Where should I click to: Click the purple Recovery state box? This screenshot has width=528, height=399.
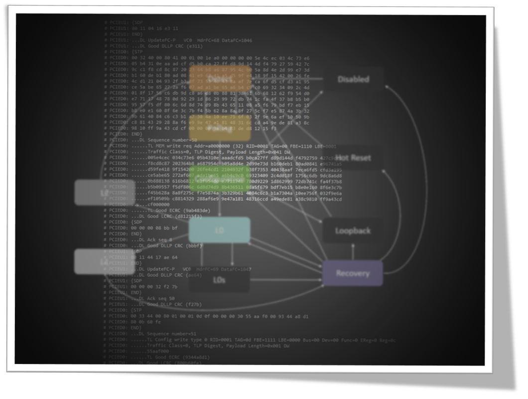pos(353,273)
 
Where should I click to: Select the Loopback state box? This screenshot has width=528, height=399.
pos(353,231)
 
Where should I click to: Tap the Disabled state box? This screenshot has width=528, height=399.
pos(353,79)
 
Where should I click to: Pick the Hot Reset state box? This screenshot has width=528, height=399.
pos(354,158)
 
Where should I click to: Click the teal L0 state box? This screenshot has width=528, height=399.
pos(220,230)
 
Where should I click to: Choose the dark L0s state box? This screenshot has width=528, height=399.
pos(219,280)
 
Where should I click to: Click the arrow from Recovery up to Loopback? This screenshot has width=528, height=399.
pos(353,251)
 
